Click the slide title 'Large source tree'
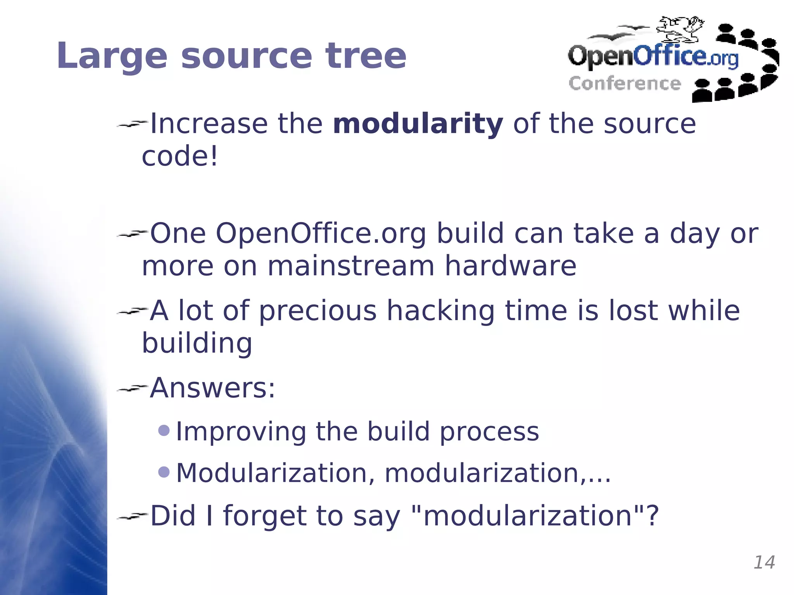[x=231, y=56]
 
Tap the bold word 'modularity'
[x=418, y=124]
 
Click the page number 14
[x=764, y=562]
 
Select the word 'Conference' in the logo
[x=625, y=84]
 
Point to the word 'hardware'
[x=510, y=266]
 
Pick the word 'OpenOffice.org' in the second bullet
[x=321, y=234]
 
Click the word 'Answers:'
[x=212, y=388]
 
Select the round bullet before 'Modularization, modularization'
[x=164, y=472]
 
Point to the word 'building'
[x=197, y=343]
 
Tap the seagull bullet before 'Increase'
[x=132, y=124]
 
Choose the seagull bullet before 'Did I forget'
[x=132, y=516]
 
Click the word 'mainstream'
[x=351, y=266]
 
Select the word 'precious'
[x=318, y=311]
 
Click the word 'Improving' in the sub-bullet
[x=240, y=432]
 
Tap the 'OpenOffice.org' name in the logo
[x=653, y=57]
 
